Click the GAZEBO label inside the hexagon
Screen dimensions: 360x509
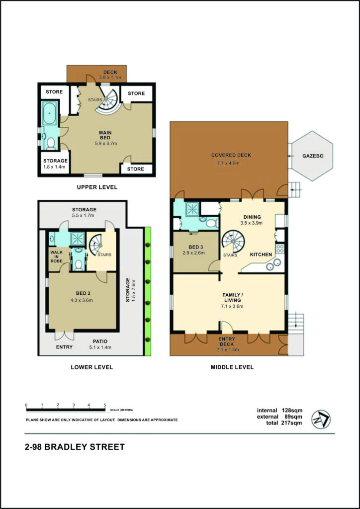click(312, 156)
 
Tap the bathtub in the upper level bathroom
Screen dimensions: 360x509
click(50, 113)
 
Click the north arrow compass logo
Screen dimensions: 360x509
click(321, 419)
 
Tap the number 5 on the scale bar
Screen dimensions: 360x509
click(104, 405)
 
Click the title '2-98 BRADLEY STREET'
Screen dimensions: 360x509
click(75, 447)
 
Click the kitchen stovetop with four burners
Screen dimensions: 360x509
click(280, 249)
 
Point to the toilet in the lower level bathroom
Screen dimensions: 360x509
click(78, 264)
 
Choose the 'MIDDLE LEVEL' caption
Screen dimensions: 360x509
click(232, 367)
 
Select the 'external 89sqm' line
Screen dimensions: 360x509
click(279, 417)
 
